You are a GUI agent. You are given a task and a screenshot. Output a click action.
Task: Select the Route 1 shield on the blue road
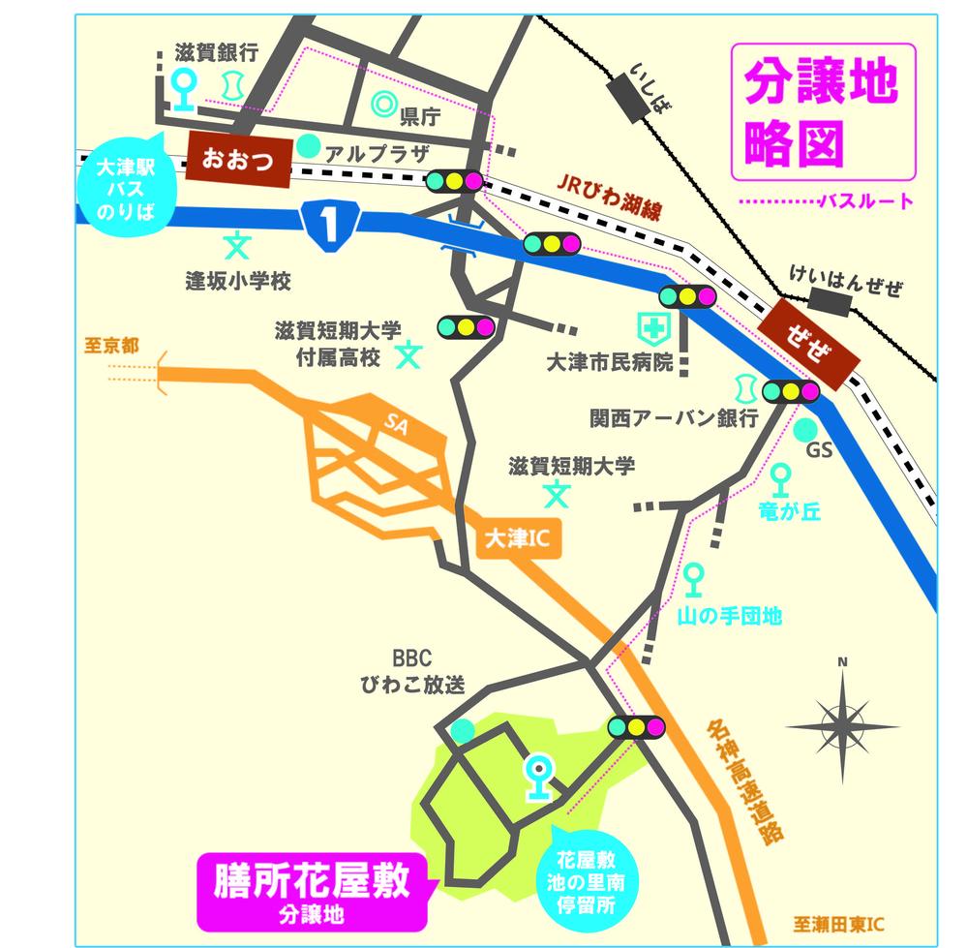pos(330,225)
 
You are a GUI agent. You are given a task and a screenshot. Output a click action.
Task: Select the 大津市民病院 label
pos(609,364)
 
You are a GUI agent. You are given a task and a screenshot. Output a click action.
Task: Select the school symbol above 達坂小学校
pos(236,244)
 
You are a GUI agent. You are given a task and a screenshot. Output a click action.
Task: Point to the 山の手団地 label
pos(729,616)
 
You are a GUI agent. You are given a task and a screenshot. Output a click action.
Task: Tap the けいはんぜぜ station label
pos(845,288)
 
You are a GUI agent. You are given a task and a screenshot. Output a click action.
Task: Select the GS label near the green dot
pos(819,451)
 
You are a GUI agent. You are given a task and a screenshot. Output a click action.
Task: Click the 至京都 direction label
pos(111,346)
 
